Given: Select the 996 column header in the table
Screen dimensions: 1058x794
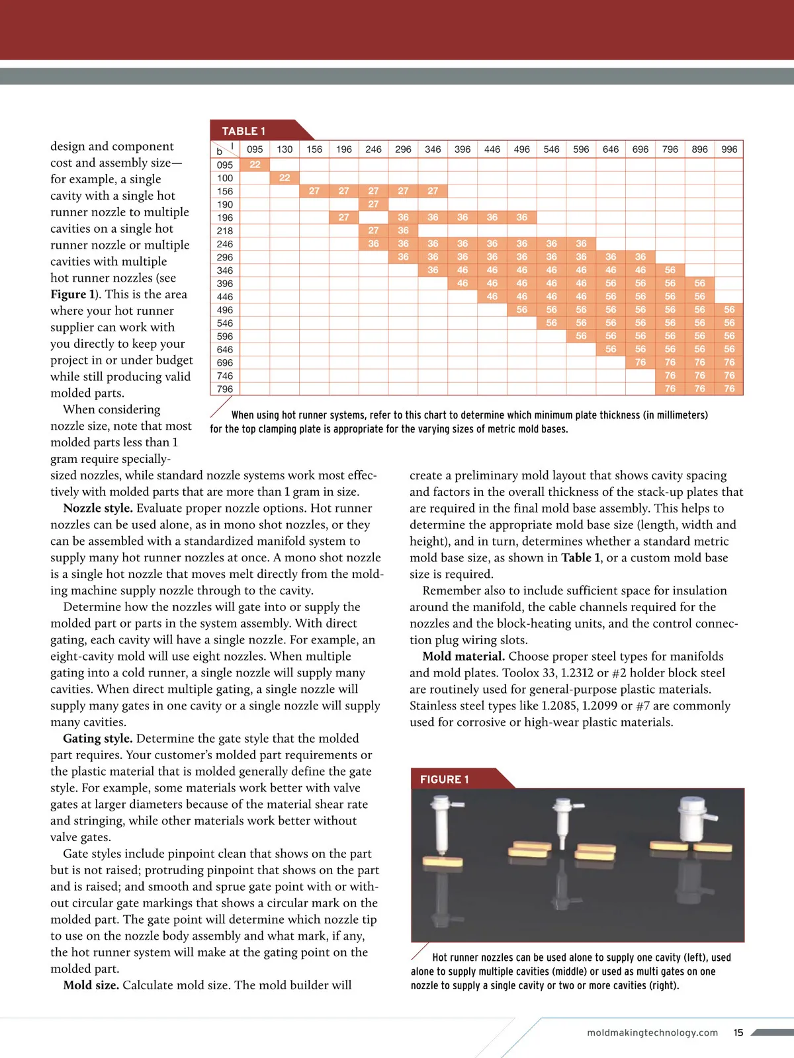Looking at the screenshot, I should point(729,149).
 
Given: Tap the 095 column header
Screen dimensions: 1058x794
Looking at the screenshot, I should point(255,149).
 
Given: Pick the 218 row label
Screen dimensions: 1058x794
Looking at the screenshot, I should point(225,231).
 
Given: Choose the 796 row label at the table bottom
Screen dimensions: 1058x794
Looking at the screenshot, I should point(225,389).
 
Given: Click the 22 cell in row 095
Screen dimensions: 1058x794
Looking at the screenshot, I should point(255,165).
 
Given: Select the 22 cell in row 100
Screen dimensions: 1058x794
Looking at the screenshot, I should point(285,178).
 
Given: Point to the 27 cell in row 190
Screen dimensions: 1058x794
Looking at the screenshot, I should point(373,204).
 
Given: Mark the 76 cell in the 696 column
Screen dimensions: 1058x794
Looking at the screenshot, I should point(640,362).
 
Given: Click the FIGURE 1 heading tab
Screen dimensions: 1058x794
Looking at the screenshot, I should point(445,779).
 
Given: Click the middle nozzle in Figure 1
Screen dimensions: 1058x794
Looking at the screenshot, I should point(563,820).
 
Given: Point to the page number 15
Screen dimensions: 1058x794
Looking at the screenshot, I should point(738,1032).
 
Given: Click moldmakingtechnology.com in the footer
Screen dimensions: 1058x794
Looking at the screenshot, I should point(652,1032).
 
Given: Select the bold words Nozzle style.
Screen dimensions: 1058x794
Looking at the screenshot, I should point(98,509).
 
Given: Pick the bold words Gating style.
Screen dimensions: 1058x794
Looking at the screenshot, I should point(98,739).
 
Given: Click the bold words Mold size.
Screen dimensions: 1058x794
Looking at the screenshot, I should point(91,985).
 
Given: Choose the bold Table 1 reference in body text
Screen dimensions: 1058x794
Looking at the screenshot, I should point(580,558).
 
